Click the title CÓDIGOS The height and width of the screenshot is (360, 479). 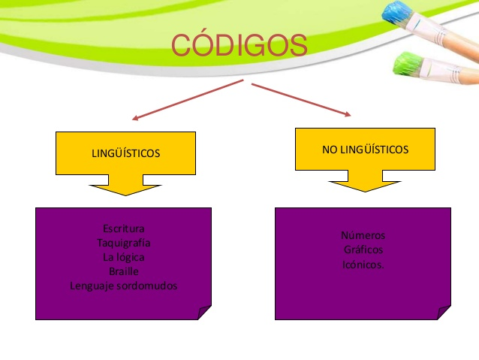[x=239, y=44]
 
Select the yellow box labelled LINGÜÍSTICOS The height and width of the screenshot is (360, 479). [x=125, y=153]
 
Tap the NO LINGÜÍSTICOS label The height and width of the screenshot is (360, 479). [x=365, y=150]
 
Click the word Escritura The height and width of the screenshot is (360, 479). [x=123, y=228]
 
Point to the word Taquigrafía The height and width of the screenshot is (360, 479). [x=123, y=243]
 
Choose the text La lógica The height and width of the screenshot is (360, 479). [x=123, y=257]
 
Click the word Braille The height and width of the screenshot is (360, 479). [x=123, y=271]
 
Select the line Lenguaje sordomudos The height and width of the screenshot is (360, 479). [x=123, y=286]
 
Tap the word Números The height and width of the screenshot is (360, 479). [x=363, y=235]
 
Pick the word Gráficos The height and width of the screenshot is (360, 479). [x=363, y=250]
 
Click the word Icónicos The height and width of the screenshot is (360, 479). [x=363, y=265]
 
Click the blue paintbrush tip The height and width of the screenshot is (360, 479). [x=396, y=13]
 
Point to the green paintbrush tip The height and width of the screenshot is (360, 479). [x=407, y=63]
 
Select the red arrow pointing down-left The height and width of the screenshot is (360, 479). [x=188, y=100]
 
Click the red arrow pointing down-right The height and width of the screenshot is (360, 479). [x=301, y=100]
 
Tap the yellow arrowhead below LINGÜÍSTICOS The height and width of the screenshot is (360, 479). [x=125, y=189]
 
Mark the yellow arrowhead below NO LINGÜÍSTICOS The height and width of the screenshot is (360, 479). [x=365, y=186]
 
